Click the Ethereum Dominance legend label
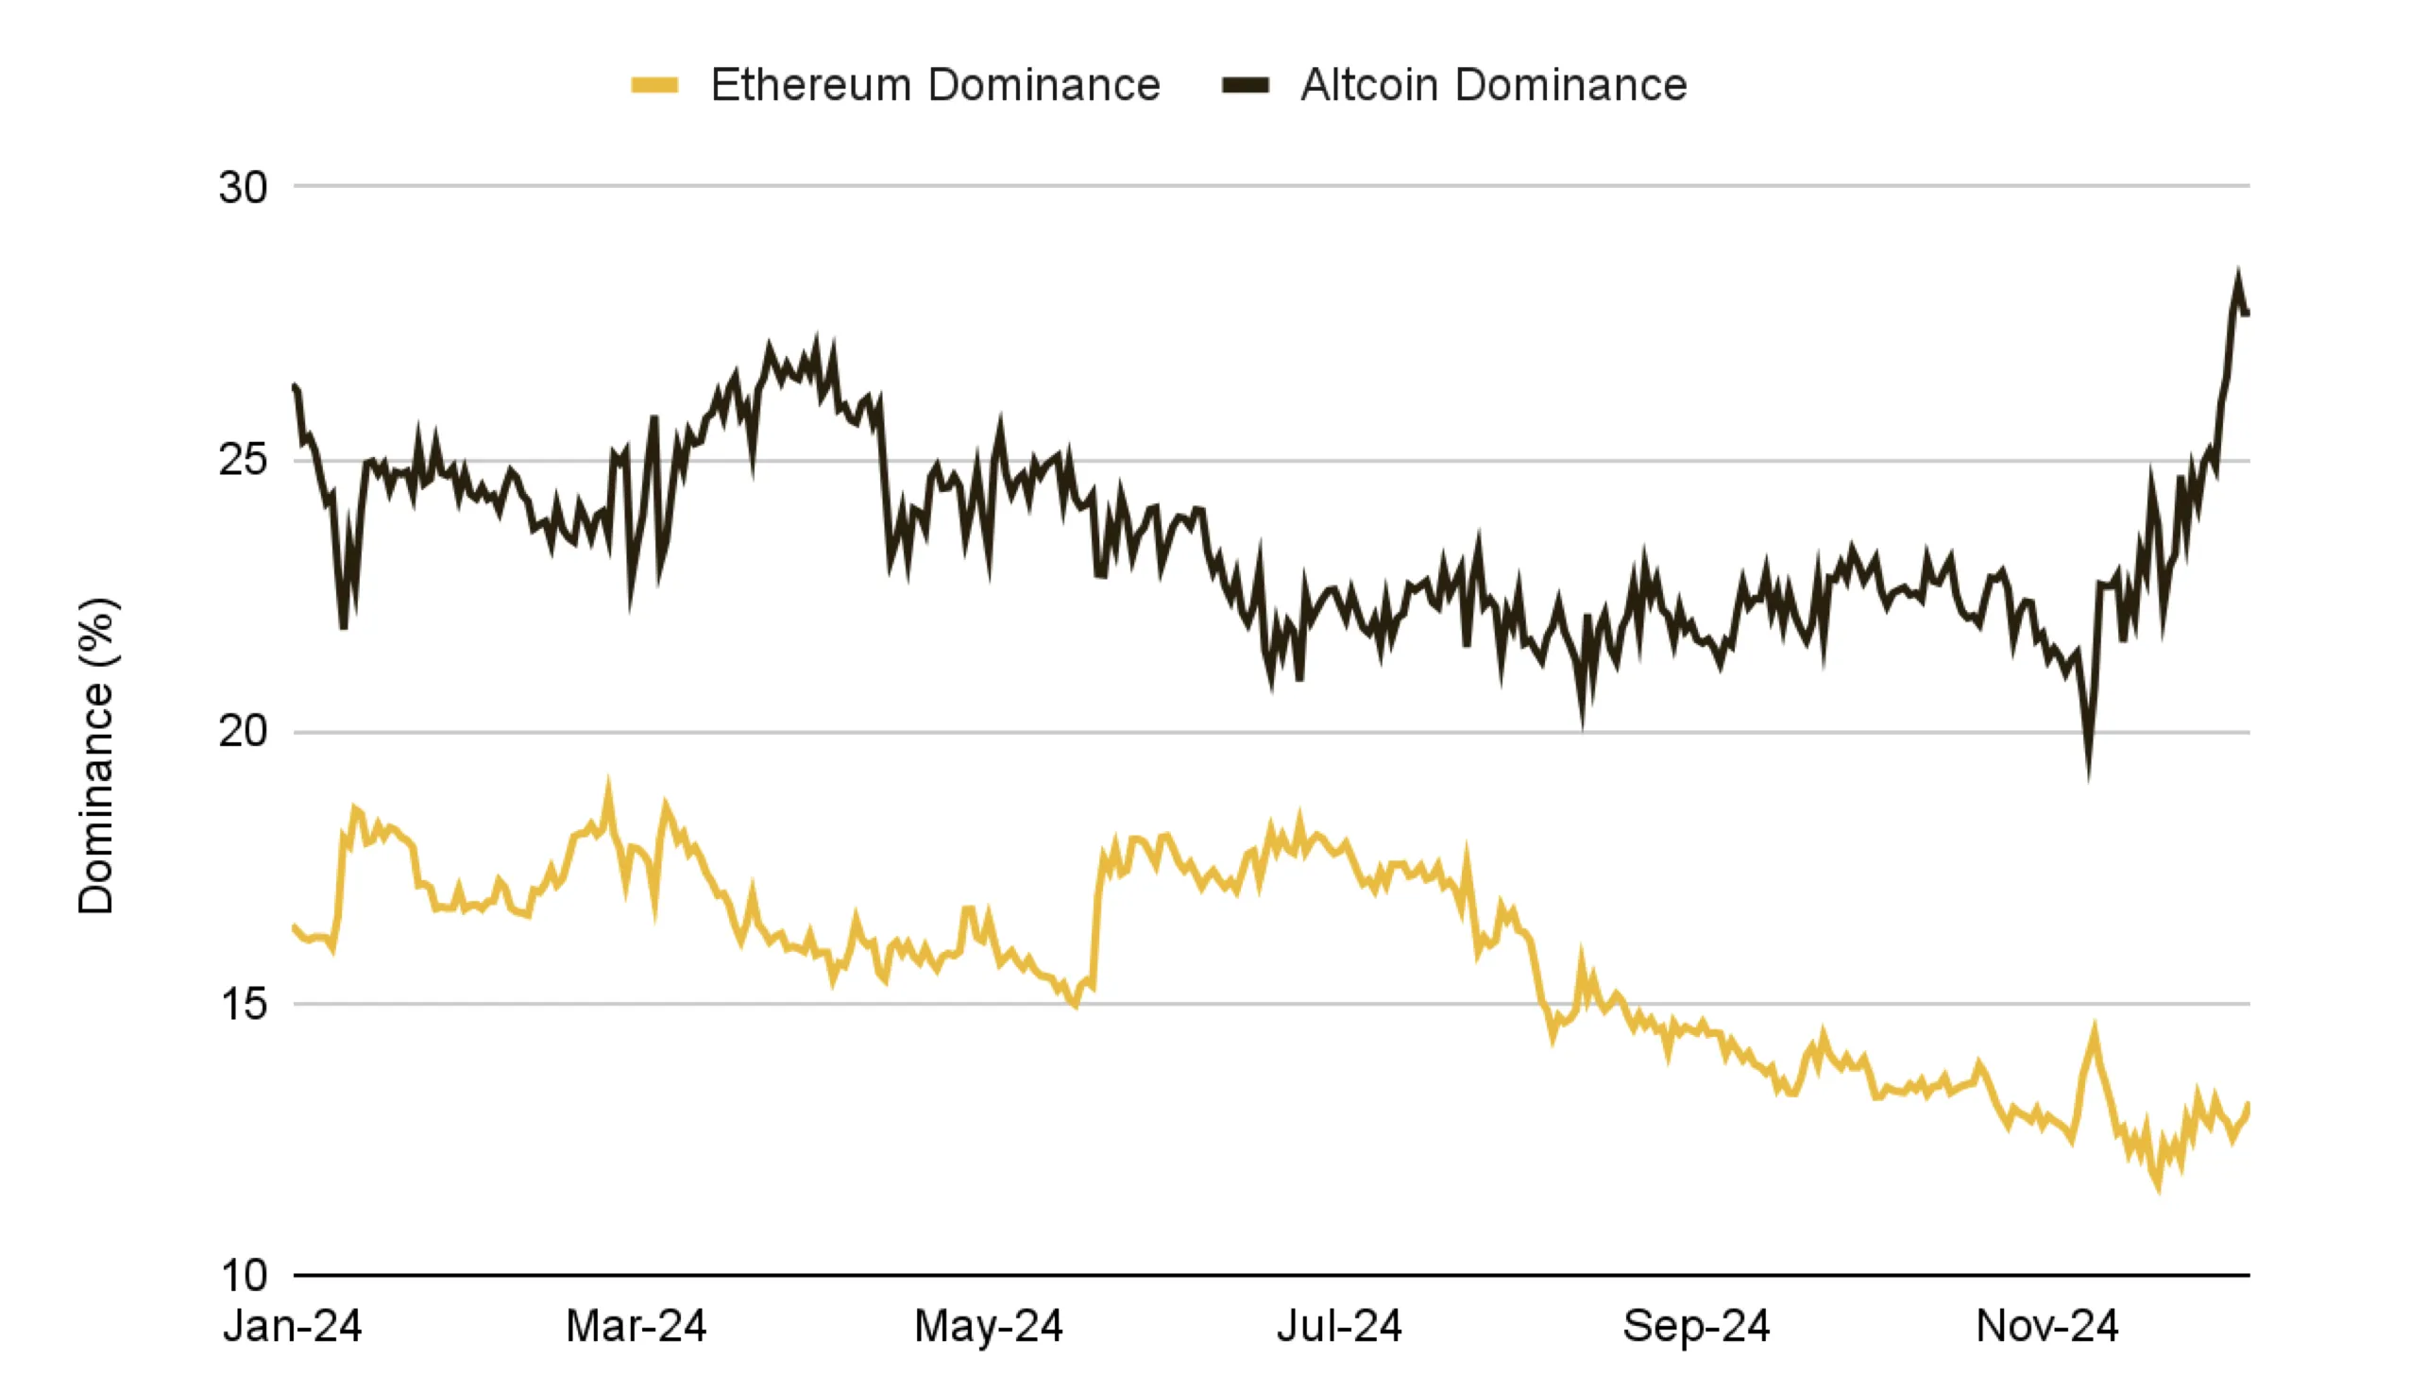click(x=935, y=85)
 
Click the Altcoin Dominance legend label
click(x=1493, y=85)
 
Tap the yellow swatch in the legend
click(x=654, y=86)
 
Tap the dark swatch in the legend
click(x=1246, y=86)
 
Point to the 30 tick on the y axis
click(x=243, y=187)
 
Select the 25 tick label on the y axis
click(x=243, y=461)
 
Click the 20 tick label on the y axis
click(x=243, y=732)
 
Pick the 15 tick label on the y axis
click(x=243, y=1005)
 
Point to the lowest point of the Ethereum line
click(x=2158, y=1187)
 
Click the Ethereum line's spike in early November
click(x=2095, y=1030)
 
